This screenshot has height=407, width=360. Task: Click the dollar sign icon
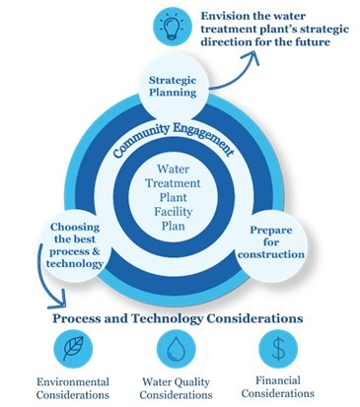279,349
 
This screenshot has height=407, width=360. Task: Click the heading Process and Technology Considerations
177,319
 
